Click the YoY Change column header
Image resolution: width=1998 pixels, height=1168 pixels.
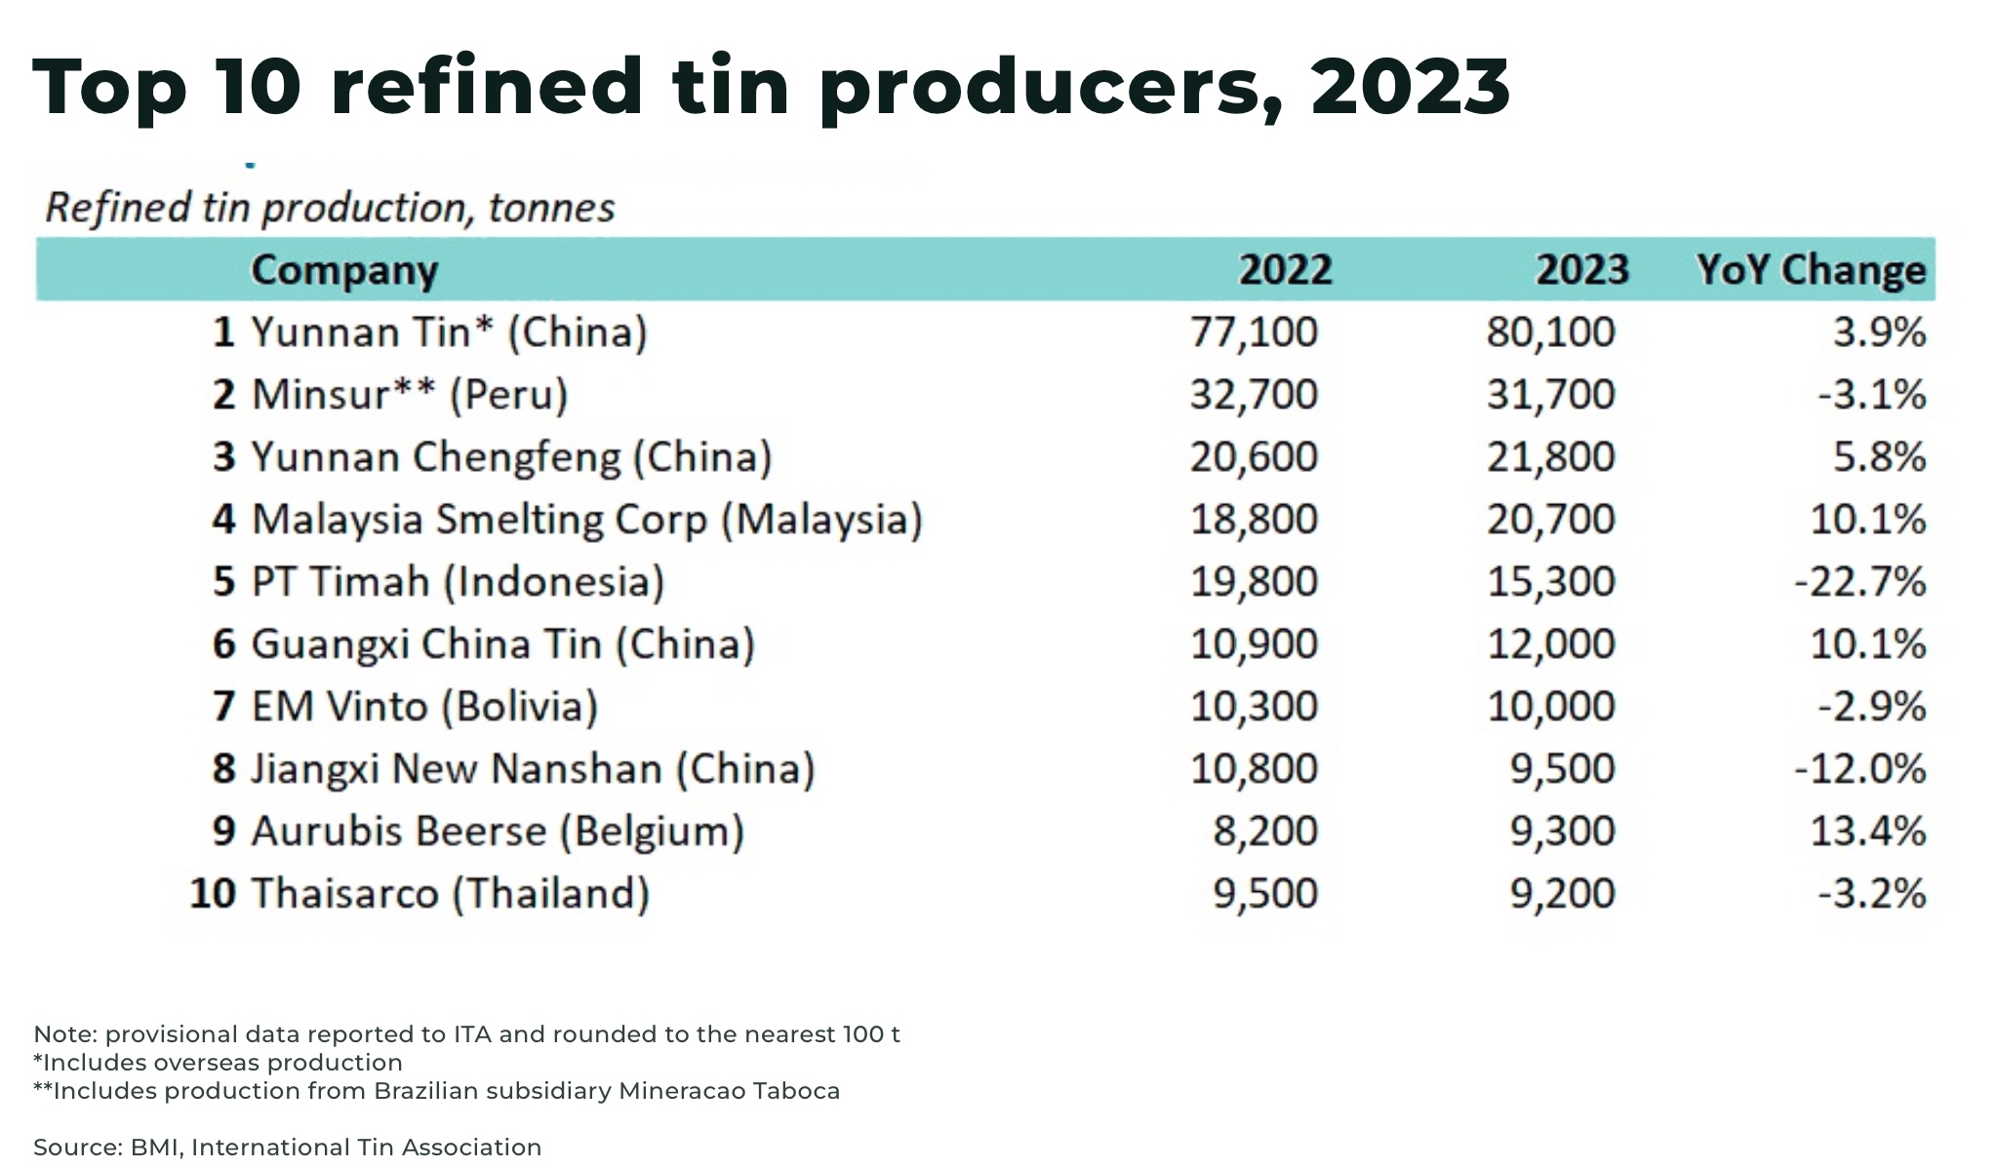[1811, 270]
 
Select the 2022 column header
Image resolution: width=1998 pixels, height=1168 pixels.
[1285, 270]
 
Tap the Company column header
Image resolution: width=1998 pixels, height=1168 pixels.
[344, 270]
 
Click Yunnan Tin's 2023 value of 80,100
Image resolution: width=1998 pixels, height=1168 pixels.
[1550, 332]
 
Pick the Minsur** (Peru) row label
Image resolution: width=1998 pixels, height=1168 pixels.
[410, 395]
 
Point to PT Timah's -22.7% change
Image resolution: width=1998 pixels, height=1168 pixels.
[1859, 582]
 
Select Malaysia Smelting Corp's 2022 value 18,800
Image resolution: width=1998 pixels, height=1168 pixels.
[1254, 520]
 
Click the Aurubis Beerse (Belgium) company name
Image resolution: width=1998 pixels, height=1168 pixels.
[498, 832]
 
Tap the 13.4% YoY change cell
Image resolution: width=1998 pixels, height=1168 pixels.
[1867, 832]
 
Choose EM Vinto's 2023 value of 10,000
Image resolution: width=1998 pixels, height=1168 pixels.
[1550, 707]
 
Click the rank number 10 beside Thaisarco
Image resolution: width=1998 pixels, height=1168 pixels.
[213, 894]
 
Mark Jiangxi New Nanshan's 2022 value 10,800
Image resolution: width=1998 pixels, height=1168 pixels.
[1254, 769]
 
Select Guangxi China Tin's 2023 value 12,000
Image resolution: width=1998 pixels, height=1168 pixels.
[1550, 644]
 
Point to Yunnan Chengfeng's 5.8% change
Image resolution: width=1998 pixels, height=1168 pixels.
[1879, 457]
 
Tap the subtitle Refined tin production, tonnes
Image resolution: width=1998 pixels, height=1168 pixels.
[330, 208]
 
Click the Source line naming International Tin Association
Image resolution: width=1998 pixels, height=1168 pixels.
[287, 1148]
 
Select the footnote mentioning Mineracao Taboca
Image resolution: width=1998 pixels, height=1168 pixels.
[436, 1091]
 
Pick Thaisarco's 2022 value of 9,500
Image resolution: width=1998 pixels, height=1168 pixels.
[1265, 894]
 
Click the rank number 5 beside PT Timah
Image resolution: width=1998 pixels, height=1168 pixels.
[224, 582]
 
